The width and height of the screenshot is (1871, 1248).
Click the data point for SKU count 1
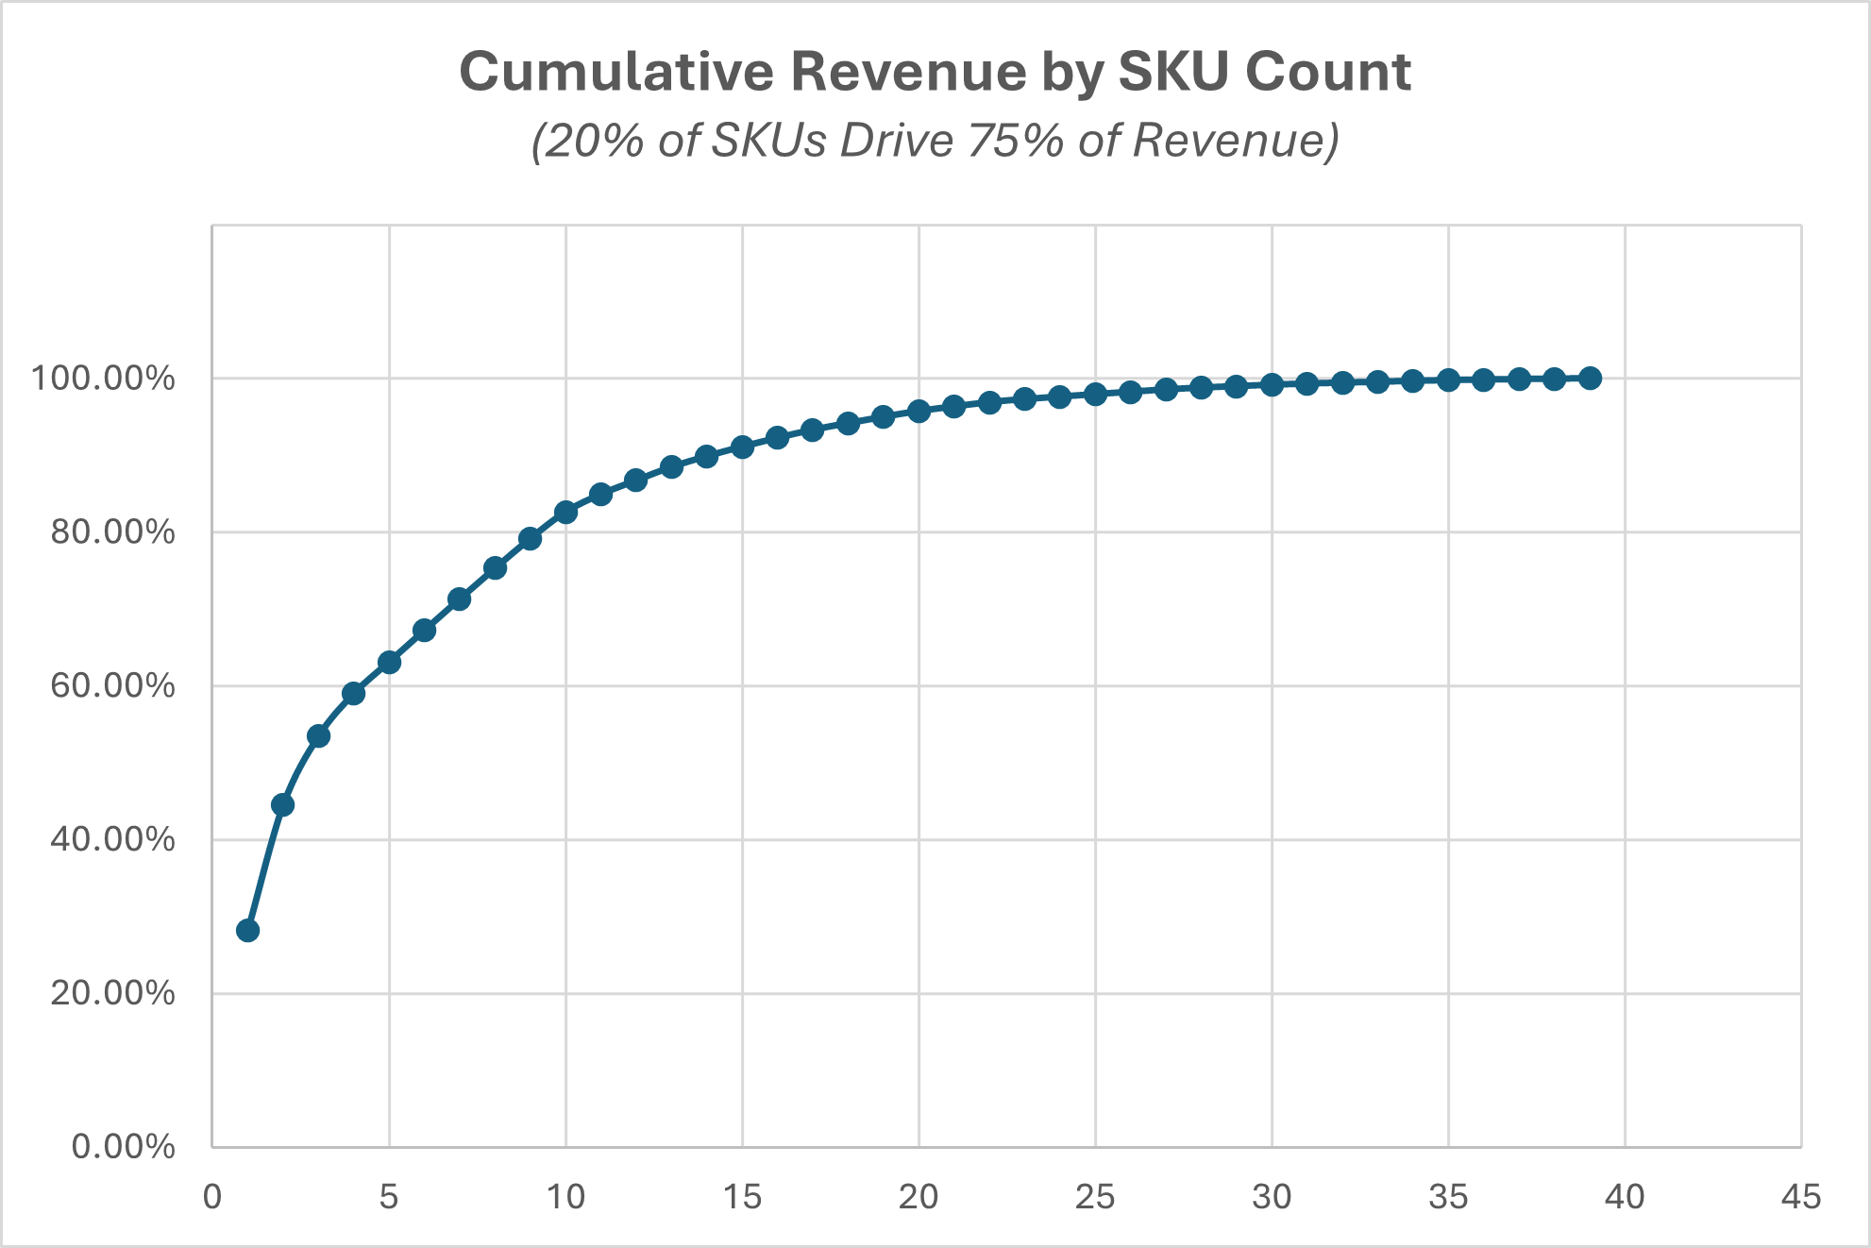coord(247,930)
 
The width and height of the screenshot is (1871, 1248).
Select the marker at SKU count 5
coord(389,662)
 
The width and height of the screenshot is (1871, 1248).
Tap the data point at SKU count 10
coord(565,512)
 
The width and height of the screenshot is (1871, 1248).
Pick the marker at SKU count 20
coord(919,411)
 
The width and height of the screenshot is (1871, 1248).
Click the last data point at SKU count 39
coord(1590,378)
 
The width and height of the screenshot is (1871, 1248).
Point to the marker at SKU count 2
coord(282,804)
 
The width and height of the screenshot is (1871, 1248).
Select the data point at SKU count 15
coord(742,447)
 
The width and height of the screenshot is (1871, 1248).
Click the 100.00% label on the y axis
coord(103,379)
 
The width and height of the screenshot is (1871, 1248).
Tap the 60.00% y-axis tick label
coord(112,685)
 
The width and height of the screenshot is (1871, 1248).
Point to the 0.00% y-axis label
coord(123,1147)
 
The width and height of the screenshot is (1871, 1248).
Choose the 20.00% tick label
coord(112,993)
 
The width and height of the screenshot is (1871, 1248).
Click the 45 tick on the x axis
coord(1800,1197)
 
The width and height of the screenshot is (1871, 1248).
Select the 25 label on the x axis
coord(1095,1197)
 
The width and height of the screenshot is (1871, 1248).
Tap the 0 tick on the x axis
coord(212,1197)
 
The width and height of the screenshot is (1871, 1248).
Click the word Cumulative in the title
coord(614,72)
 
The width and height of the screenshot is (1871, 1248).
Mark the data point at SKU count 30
coord(1272,384)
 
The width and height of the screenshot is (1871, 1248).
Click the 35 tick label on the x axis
coord(1448,1197)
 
